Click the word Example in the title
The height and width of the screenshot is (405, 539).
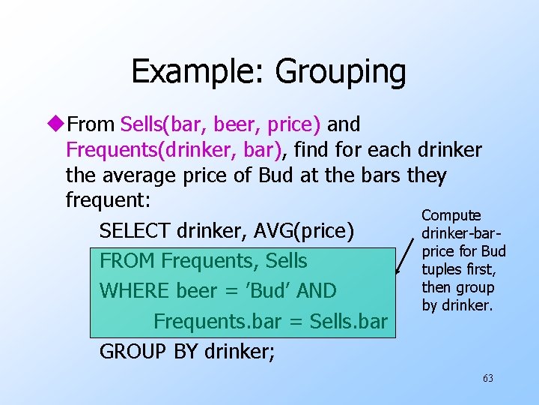198,72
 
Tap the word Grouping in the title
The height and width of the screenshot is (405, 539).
341,72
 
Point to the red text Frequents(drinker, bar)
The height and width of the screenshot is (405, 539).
174,150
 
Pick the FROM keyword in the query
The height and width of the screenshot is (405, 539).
127,261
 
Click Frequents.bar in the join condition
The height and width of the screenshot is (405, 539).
211,321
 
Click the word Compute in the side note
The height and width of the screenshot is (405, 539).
451,216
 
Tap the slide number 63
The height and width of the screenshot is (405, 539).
487,378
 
